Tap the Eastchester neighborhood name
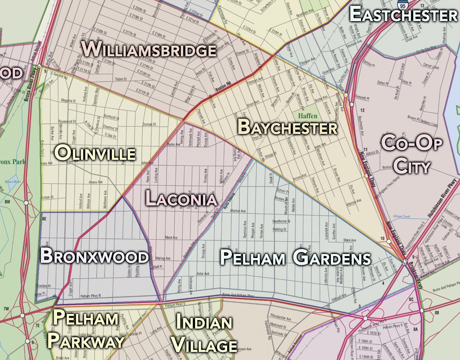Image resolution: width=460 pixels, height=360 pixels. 403,15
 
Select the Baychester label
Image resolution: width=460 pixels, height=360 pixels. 287,127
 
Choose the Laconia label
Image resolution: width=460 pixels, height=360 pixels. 181,199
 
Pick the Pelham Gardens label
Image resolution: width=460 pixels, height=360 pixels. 295,258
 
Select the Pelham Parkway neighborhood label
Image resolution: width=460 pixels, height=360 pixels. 86,329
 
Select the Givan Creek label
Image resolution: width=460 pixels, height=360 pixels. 401,216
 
